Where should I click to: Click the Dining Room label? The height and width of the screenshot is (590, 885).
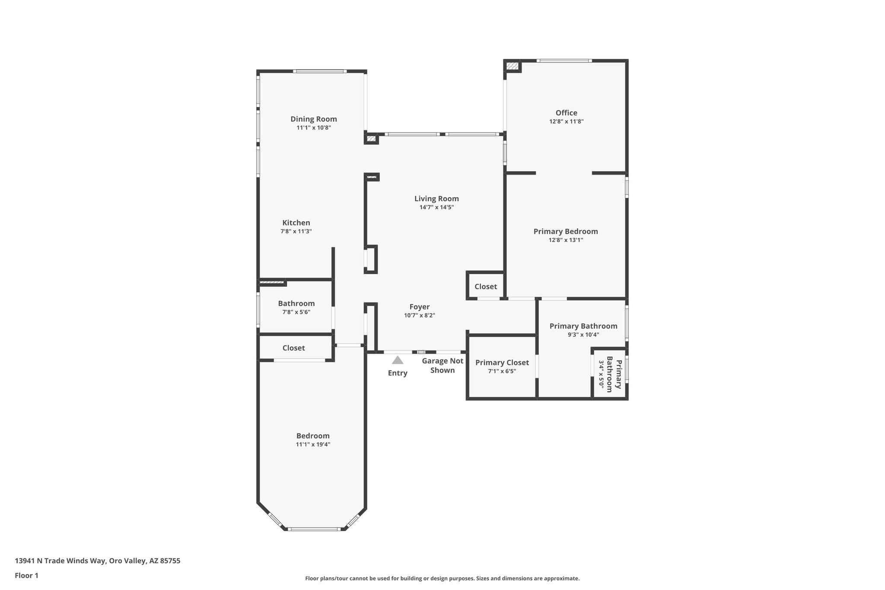click(313, 119)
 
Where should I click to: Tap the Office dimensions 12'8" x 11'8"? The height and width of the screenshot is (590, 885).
click(566, 122)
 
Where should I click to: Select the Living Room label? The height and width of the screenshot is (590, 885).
click(436, 199)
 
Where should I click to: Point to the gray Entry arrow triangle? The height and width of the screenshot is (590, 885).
click(398, 360)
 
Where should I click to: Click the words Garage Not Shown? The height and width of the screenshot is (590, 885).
click(442, 366)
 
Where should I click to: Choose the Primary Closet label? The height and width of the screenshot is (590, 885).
click(502, 363)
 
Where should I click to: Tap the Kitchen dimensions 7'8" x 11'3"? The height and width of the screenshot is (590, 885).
click(296, 232)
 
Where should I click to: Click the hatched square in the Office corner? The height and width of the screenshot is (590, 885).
click(513, 66)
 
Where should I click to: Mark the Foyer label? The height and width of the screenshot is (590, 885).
click(419, 307)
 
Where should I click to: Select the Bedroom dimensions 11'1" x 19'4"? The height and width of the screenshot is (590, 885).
click(313, 444)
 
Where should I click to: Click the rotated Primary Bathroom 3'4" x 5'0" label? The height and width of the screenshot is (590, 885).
click(609, 374)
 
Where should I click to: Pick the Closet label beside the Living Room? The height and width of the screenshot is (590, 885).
click(486, 287)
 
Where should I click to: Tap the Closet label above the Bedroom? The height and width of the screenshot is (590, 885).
click(293, 348)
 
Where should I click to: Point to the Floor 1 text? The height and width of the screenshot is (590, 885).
click(26, 575)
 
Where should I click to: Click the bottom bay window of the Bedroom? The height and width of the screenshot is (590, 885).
click(314, 529)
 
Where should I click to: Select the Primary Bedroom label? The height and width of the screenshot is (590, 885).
click(565, 232)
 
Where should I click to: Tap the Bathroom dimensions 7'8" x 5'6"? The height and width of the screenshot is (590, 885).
click(296, 312)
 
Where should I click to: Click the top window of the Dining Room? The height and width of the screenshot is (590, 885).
click(319, 71)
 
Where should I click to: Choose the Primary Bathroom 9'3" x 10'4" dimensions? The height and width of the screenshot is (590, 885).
click(583, 335)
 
